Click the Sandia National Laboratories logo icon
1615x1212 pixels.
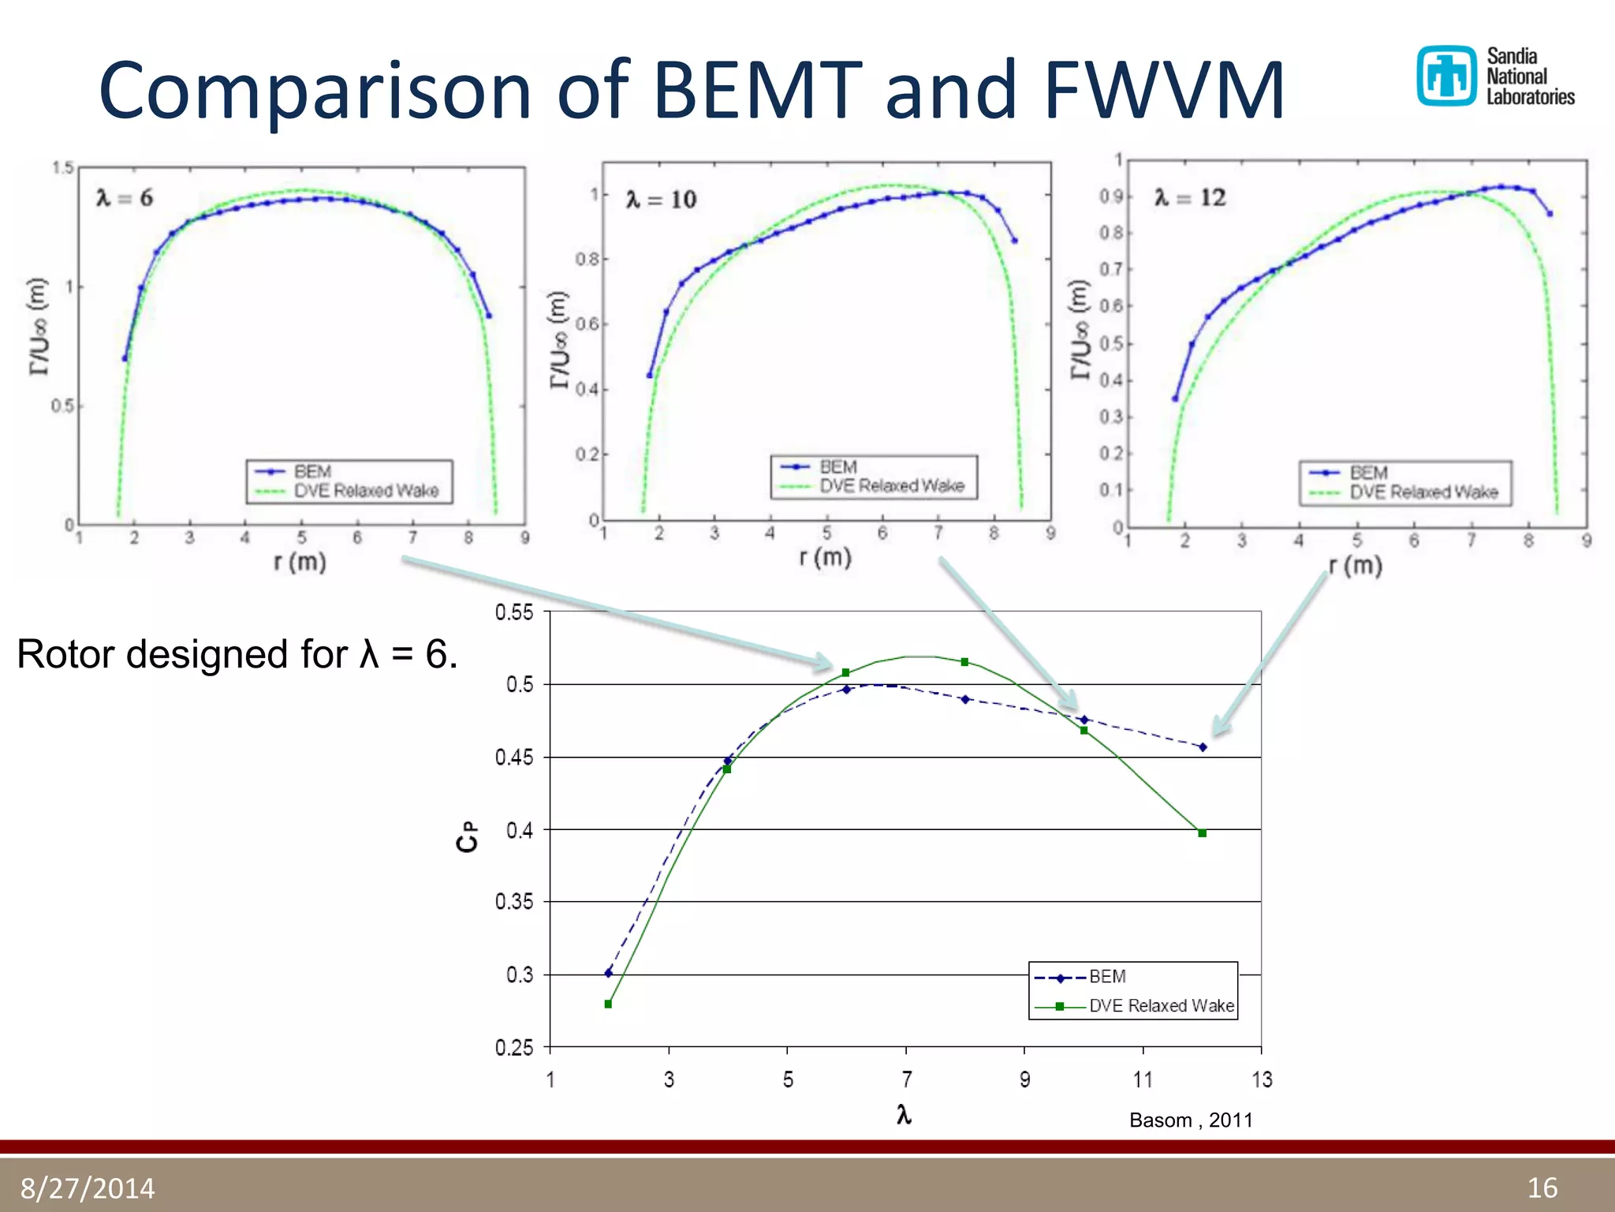coord(1446,76)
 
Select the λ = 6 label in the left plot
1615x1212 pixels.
coord(125,198)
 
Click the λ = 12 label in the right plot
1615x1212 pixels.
coord(1190,197)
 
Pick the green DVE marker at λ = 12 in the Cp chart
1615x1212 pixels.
coord(1203,833)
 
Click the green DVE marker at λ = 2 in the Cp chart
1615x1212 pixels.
coord(608,1004)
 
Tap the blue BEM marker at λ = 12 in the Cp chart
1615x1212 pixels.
coord(1203,746)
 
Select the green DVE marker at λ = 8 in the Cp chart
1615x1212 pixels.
coord(964,662)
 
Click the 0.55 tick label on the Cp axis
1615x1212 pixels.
coord(514,612)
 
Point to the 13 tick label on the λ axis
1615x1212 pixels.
coord(1262,1079)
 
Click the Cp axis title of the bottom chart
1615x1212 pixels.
coord(467,836)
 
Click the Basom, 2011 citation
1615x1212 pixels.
coord(1191,1120)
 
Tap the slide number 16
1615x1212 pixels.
coord(1542,1188)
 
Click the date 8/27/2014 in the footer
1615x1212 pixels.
coord(88,1188)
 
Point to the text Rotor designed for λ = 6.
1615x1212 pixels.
coord(237,654)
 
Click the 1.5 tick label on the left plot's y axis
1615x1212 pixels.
coord(62,167)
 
